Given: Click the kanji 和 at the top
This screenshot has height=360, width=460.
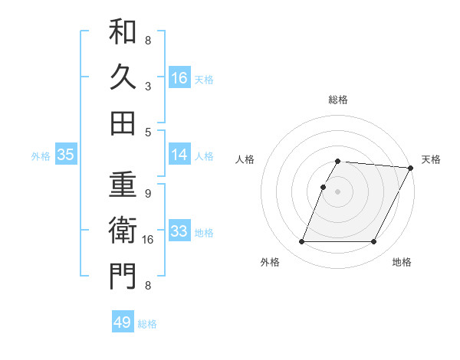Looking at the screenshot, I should point(123,32).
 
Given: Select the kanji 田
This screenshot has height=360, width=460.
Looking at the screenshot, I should point(123,122).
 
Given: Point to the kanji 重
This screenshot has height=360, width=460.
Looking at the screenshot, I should point(123,184).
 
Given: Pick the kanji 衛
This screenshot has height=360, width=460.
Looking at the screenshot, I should point(123,230).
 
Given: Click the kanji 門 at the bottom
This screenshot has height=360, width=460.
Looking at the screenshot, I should point(123,276).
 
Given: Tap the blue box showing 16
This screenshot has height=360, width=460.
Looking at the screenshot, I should point(179,78).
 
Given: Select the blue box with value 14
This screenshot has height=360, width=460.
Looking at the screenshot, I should point(179,155).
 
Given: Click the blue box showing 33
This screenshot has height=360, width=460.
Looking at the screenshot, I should point(179,231).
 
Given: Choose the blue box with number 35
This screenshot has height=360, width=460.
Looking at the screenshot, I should point(65,155).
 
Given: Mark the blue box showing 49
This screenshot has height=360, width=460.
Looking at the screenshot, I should point(123,322).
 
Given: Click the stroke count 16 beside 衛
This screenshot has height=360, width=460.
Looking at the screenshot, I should point(148,240).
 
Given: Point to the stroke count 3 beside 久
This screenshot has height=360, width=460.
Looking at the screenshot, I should point(148,86).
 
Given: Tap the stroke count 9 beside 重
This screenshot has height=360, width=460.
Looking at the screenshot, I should point(148,194).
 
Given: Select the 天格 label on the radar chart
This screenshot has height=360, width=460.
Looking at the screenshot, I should point(431,159).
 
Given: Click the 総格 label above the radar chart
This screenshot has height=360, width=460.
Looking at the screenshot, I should point(338,100).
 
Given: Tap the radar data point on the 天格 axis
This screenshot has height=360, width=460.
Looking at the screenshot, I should point(412,168).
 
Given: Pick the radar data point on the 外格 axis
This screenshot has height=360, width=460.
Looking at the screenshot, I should point(301,242).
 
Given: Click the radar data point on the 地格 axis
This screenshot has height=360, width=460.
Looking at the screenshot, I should point(374,242).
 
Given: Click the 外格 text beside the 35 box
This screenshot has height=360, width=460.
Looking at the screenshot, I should point(41,155).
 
